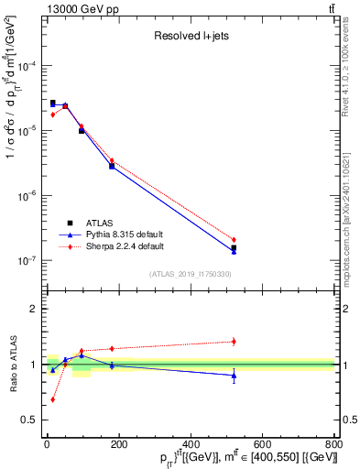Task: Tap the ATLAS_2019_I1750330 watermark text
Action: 190,274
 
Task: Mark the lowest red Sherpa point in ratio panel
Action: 52,399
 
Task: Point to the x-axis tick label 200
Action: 118,445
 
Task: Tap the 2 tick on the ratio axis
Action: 35,309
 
